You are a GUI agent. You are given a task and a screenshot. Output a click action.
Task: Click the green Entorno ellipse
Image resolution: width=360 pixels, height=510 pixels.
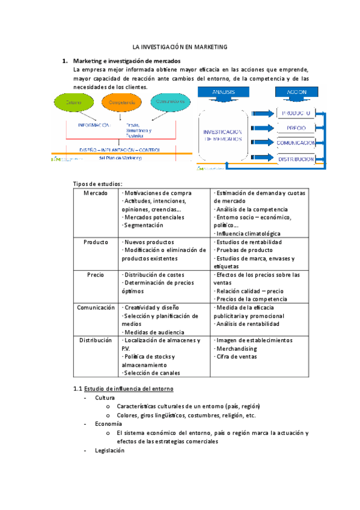[x=74, y=103]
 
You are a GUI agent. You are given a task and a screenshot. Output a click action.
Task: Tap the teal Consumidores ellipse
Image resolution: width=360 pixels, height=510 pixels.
[x=168, y=102]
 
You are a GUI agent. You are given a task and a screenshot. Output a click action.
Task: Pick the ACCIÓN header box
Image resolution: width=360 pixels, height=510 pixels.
[x=296, y=91]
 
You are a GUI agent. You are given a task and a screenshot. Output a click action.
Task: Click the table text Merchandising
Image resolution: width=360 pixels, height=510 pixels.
[x=236, y=348]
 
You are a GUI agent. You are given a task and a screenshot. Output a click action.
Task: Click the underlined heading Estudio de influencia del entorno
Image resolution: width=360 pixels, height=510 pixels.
[x=129, y=389]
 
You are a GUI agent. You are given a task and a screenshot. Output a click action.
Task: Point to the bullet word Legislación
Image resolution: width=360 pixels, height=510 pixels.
[x=109, y=450]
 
